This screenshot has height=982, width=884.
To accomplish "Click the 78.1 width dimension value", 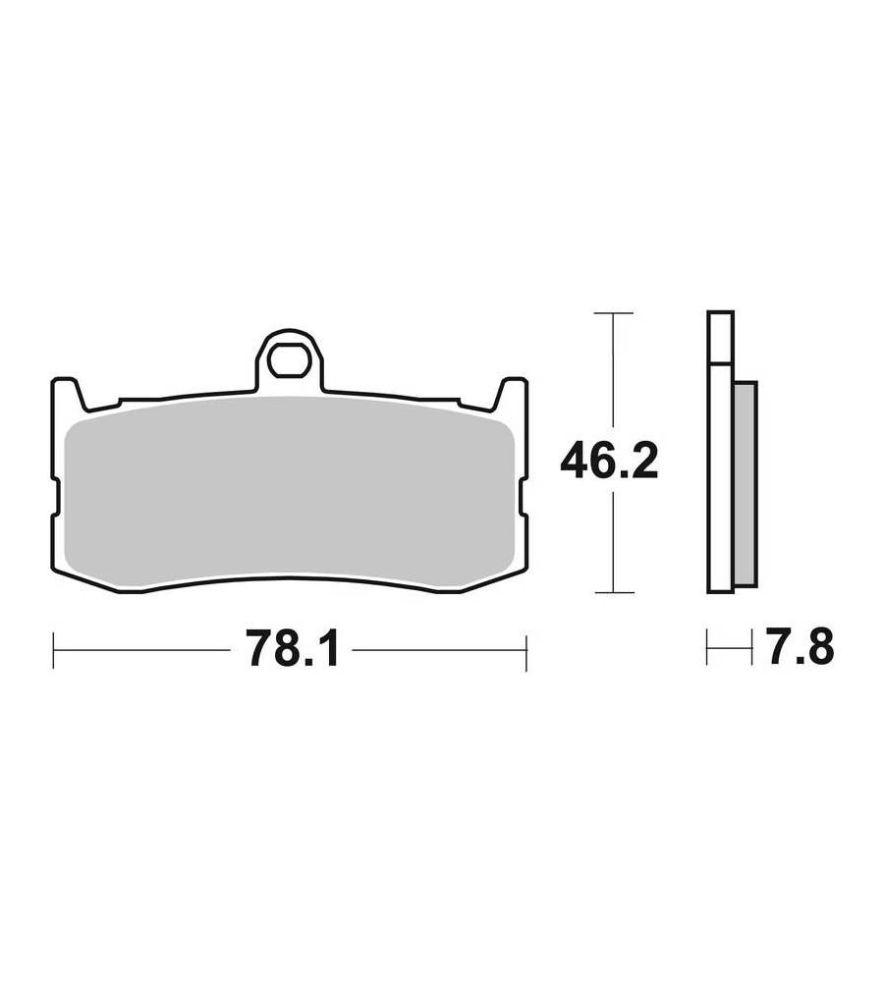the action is [x=293, y=649].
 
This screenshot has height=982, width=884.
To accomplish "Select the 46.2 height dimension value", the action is [x=609, y=462].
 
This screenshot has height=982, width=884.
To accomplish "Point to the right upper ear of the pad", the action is [x=511, y=394].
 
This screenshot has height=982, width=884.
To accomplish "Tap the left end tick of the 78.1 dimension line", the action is [x=54, y=651].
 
